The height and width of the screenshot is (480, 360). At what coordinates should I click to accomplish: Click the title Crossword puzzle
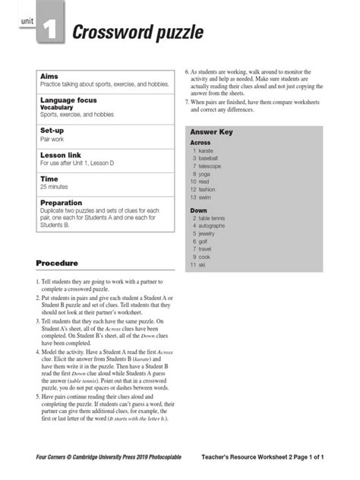[137, 33]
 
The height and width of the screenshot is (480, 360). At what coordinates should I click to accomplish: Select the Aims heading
[49, 77]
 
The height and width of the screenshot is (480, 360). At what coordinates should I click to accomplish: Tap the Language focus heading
[68, 100]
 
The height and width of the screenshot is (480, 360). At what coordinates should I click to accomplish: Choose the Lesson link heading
[60, 155]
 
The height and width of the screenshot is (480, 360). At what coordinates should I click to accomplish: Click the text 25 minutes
[54, 187]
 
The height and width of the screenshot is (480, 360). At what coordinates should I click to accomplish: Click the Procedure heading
[57, 264]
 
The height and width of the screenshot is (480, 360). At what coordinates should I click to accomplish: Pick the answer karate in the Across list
[205, 151]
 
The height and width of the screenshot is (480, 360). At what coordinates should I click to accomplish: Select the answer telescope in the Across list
[210, 166]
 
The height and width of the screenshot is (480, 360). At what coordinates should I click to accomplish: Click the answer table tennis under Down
[213, 218]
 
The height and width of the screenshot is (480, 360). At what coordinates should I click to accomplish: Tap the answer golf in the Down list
[204, 242]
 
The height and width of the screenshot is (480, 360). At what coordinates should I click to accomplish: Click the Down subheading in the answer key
[198, 210]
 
